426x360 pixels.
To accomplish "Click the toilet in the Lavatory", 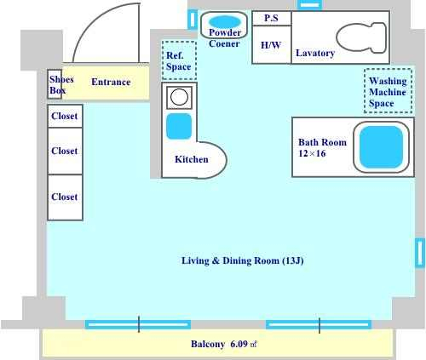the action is tap(361, 37).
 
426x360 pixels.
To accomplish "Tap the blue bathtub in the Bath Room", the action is tap(381, 147).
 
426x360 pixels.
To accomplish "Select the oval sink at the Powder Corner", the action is tap(225, 21).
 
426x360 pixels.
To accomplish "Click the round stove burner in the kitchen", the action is tap(179, 97).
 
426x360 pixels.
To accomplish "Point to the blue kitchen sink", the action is tap(179, 126).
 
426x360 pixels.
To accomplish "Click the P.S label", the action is tap(271, 18).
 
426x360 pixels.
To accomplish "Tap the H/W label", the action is tap(271, 45).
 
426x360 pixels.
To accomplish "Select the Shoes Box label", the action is tap(61, 84).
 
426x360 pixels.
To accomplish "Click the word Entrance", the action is tap(111, 82).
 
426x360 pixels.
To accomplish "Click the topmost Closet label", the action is tap(65, 116).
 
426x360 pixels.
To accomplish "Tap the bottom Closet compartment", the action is tap(65, 197).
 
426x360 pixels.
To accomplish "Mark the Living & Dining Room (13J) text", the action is tap(243, 260).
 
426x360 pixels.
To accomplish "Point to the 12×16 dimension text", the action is tap(312, 153).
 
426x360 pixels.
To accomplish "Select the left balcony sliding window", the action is tap(138, 324).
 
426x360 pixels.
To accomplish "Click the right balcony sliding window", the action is tap(319, 324).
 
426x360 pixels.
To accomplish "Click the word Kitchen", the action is tap(192, 159).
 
